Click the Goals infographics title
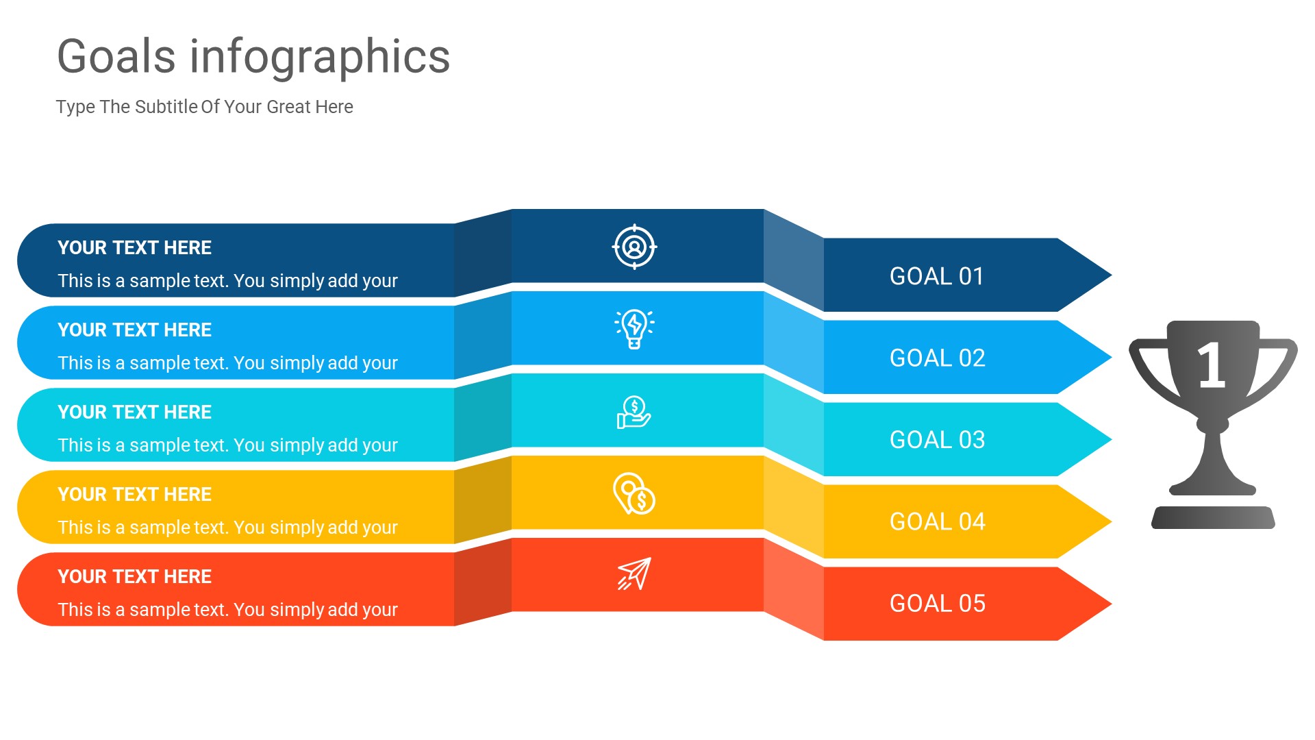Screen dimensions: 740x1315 (253, 56)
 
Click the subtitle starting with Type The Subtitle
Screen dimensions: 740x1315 (204, 107)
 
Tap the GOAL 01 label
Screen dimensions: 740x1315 (936, 276)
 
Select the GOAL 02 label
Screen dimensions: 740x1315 (936, 358)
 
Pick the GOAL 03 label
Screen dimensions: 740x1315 (936, 440)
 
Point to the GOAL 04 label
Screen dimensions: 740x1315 (936, 522)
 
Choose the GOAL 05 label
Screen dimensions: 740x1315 (936, 604)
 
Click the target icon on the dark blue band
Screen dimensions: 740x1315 (634, 247)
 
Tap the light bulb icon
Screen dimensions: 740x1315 (634, 329)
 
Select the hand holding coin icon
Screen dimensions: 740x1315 (634, 412)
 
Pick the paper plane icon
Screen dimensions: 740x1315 (634, 574)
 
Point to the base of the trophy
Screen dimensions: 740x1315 (1213, 517)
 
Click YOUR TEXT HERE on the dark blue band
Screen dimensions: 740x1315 (134, 248)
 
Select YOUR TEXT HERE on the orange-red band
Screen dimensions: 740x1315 (134, 577)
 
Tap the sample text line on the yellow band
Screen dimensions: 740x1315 (227, 528)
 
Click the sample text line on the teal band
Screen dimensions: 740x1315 (227, 445)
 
